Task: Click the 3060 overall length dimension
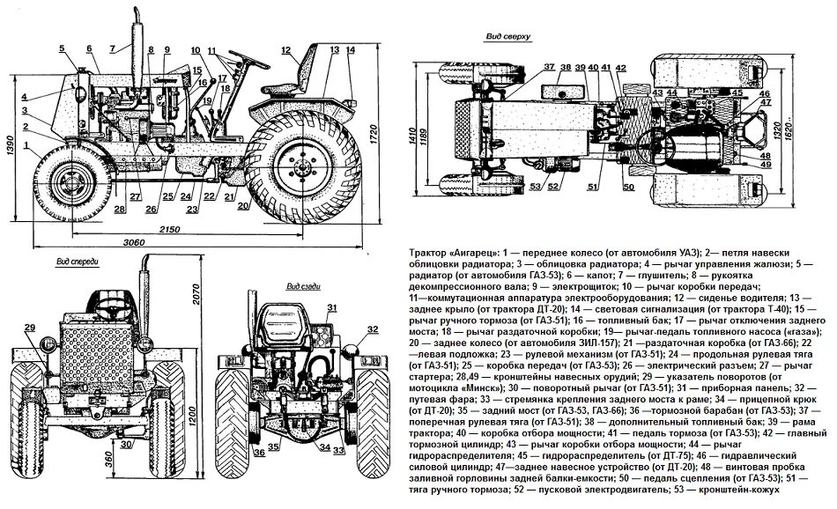134,242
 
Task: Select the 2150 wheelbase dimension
169,229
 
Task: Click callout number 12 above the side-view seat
285,51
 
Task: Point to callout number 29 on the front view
28,328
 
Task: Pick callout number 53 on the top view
535,186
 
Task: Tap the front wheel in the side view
67,183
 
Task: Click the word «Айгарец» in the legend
478,252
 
